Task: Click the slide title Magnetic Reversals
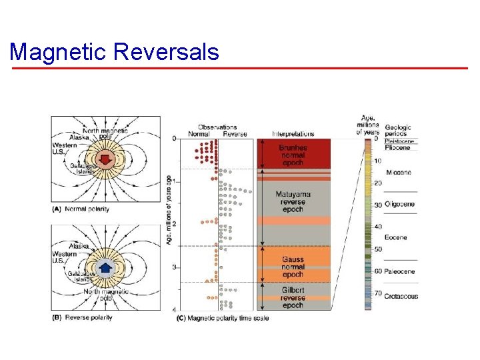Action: click(x=115, y=51)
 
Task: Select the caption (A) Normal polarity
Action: click(x=81, y=209)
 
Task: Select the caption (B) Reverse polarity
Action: click(x=82, y=317)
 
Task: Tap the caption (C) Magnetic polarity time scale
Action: click(x=223, y=318)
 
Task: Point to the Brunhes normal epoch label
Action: click(x=293, y=155)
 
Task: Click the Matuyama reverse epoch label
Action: click(x=293, y=202)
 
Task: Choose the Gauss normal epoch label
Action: click(x=293, y=267)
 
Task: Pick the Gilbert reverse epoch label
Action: click(x=293, y=297)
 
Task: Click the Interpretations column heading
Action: click(x=293, y=133)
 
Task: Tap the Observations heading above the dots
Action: click(x=217, y=127)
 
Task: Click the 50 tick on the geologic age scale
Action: click(x=377, y=249)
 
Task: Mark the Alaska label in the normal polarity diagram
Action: click(x=79, y=137)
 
